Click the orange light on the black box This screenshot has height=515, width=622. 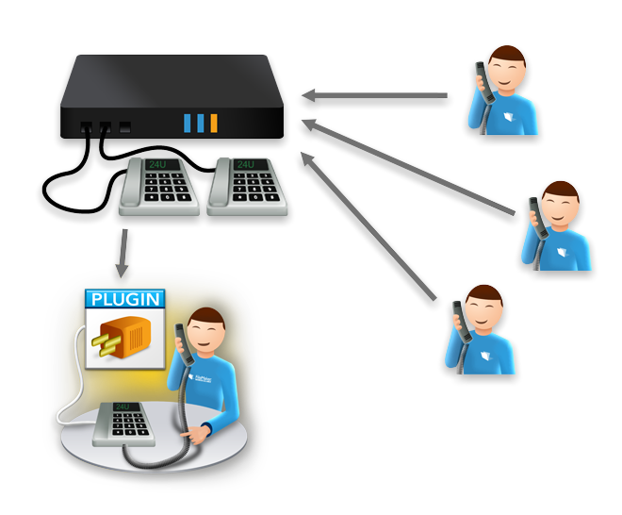tap(214, 123)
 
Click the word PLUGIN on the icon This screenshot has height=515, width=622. tap(125, 301)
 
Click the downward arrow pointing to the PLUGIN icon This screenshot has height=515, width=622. tap(122, 252)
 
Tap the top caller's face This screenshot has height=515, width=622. tap(510, 73)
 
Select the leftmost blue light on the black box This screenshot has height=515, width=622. tap(188, 123)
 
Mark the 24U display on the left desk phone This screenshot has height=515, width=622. tap(157, 164)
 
